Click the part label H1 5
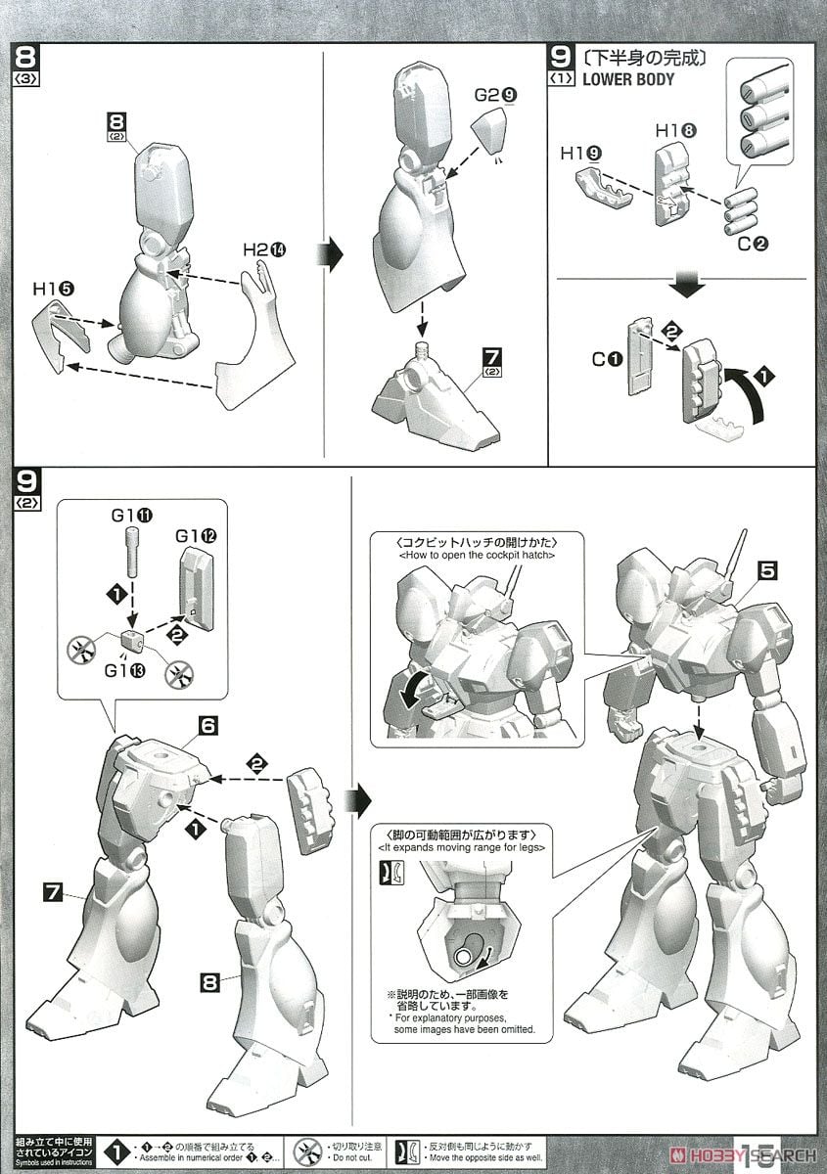pos(53,289)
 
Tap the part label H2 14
pos(262,250)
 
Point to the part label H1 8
pos(675,130)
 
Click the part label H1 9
pos(581,154)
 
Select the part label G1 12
pos(194,536)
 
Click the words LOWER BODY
pos(627,80)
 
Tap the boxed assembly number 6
pos(210,726)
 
